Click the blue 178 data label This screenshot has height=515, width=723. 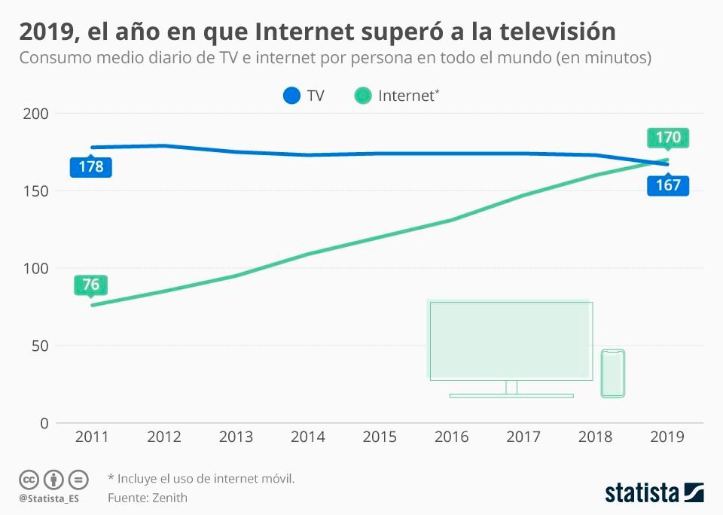[x=91, y=166]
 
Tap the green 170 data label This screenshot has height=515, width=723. [x=668, y=138]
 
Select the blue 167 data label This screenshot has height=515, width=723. [x=668, y=185]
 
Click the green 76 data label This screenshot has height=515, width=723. [x=91, y=285]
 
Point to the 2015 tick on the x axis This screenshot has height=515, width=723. [x=380, y=437]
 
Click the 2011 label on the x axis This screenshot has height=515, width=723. [x=91, y=437]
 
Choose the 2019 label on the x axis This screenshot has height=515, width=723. [x=667, y=437]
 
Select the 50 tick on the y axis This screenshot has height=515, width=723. [x=41, y=346]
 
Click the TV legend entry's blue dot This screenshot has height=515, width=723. [x=291, y=96]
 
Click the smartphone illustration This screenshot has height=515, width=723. [x=613, y=373]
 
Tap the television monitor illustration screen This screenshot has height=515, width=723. [x=511, y=340]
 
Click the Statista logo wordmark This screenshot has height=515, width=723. [x=642, y=493]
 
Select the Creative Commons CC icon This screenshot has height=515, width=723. [x=29, y=480]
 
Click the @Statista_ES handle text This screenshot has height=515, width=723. [x=49, y=498]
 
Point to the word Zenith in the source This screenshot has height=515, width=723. [x=169, y=498]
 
